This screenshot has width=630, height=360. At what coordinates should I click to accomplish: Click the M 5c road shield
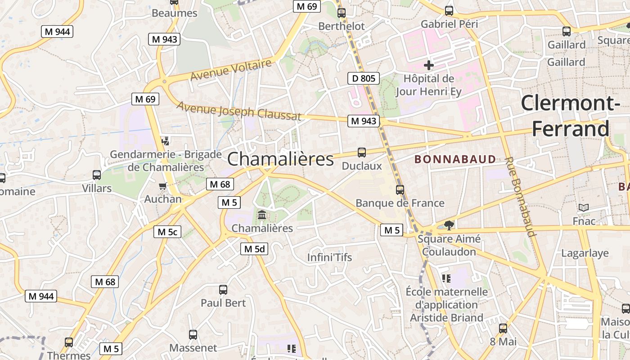(167, 232)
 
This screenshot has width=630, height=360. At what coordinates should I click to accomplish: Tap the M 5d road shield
(254, 249)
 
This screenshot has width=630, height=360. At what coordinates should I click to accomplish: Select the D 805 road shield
(364, 78)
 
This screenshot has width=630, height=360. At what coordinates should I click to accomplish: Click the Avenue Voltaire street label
(231, 70)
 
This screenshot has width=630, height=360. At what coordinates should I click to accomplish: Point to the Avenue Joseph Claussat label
(239, 111)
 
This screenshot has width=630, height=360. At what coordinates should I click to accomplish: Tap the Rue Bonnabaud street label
(520, 197)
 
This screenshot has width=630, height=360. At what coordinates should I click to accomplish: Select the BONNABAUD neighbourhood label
(455, 159)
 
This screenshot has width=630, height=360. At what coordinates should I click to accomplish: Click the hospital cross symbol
(429, 65)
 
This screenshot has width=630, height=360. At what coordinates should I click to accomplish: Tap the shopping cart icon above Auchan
(163, 186)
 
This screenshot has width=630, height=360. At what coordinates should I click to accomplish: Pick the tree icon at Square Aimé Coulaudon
(448, 225)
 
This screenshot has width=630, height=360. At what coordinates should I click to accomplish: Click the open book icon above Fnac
(584, 207)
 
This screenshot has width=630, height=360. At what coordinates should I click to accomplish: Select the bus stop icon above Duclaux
(362, 152)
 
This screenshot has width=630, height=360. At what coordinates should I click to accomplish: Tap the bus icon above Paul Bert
(223, 289)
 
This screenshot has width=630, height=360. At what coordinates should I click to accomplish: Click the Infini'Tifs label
(329, 257)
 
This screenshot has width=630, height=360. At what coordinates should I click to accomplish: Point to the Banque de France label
(400, 203)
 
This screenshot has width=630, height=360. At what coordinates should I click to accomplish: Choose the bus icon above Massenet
(193, 334)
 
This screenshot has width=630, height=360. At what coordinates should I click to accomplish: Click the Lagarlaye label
(585, 253)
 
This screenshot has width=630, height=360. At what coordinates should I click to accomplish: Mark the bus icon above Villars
(96, 175)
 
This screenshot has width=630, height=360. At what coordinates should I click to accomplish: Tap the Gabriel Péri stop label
(449, 24)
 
